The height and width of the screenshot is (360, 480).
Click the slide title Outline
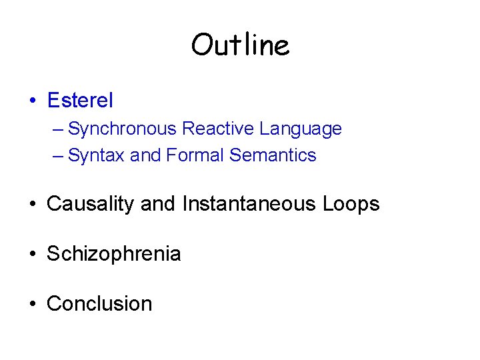[240, 45]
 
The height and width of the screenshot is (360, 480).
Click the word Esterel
[80, 101]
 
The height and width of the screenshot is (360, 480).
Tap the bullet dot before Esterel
[32, 101]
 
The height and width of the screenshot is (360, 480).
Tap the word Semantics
[273, 155]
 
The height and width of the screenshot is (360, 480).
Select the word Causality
[91, 204]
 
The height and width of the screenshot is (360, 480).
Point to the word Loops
[351, 204]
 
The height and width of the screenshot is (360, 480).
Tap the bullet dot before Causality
[32, 205]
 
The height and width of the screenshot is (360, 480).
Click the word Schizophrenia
[113, 254]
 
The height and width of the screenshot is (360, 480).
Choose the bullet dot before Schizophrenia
[32, 255]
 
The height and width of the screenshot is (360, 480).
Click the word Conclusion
[99, 304]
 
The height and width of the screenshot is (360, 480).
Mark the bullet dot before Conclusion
[32, 305]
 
